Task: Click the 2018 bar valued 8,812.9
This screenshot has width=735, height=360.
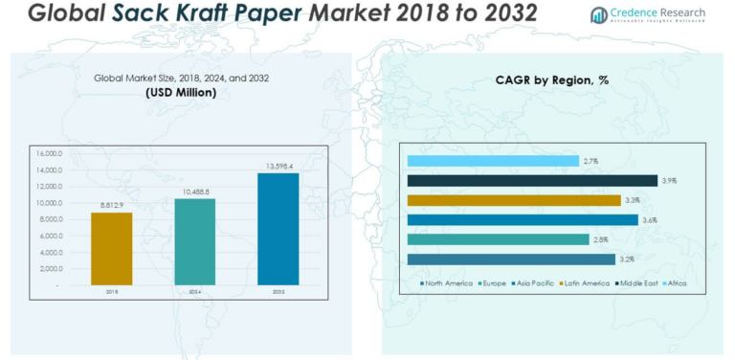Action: point(111,248)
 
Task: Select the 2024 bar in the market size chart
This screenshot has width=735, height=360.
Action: point(194,241)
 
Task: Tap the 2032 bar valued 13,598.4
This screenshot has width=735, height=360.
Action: point(278,229)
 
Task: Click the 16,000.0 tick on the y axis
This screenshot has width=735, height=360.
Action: point(49,153)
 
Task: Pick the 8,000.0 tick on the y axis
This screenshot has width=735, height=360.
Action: point(50,219)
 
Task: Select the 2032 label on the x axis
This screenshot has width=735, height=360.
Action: point(278,291)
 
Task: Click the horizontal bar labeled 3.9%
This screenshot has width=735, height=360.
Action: point(531,180)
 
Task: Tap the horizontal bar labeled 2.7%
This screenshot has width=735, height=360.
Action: point(492,161)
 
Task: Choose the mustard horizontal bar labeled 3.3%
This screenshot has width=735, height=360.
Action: point(513,200)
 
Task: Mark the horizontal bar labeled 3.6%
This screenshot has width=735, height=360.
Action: point(522,219)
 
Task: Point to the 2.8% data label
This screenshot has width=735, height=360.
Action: point(601,239)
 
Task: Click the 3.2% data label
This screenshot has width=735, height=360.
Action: point(627,259)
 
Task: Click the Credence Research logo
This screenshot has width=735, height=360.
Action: point(647,14)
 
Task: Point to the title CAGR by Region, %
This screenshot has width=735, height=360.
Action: point(552,80)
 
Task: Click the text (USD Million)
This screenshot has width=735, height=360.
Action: point(181,93)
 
